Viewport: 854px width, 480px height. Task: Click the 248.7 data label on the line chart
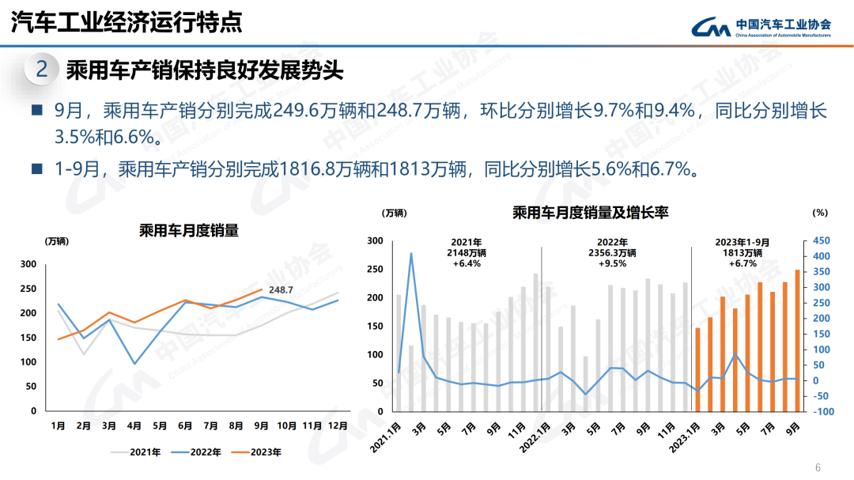point(281,290)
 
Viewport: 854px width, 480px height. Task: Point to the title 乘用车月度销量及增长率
point(591,213)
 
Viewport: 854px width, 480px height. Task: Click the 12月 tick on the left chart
point(338,426)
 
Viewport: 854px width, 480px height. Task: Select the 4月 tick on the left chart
point(134,426)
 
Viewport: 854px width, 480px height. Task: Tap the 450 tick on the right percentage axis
point(822,241)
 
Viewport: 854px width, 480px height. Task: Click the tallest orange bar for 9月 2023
point(797,340)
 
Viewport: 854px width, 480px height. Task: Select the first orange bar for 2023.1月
point(697,369)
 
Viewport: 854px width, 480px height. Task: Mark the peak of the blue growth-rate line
point(411,254)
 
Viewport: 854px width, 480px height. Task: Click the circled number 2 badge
point(42,70)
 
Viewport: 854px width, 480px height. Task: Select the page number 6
point(818,467)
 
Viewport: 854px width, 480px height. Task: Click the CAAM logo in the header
point(711,28)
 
